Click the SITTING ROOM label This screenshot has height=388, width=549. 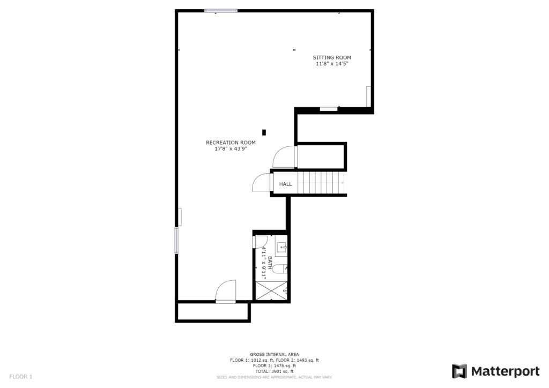[x=331, y=57]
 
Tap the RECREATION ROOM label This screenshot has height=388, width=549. [x=231, y=143]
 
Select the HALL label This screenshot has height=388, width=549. [x=285, y=184]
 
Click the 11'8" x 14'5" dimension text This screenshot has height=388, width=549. [x=332, y=64]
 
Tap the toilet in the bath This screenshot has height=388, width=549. [x=280, y=268]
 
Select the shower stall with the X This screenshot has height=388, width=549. [x=271, y=291]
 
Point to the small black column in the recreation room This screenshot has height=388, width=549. [x=264, y=132]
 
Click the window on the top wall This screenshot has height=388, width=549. [x=221, y=11]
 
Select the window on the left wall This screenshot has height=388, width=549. [x=176, y=241]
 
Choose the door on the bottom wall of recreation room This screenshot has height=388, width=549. [x=226, y=290]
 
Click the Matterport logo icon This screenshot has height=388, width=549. [x=459, y=371]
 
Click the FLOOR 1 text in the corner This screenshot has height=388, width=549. [x=21, y=377]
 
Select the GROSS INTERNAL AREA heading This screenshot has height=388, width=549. [x=274, y=354]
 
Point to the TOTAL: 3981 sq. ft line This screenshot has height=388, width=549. [x=274, y=371]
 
